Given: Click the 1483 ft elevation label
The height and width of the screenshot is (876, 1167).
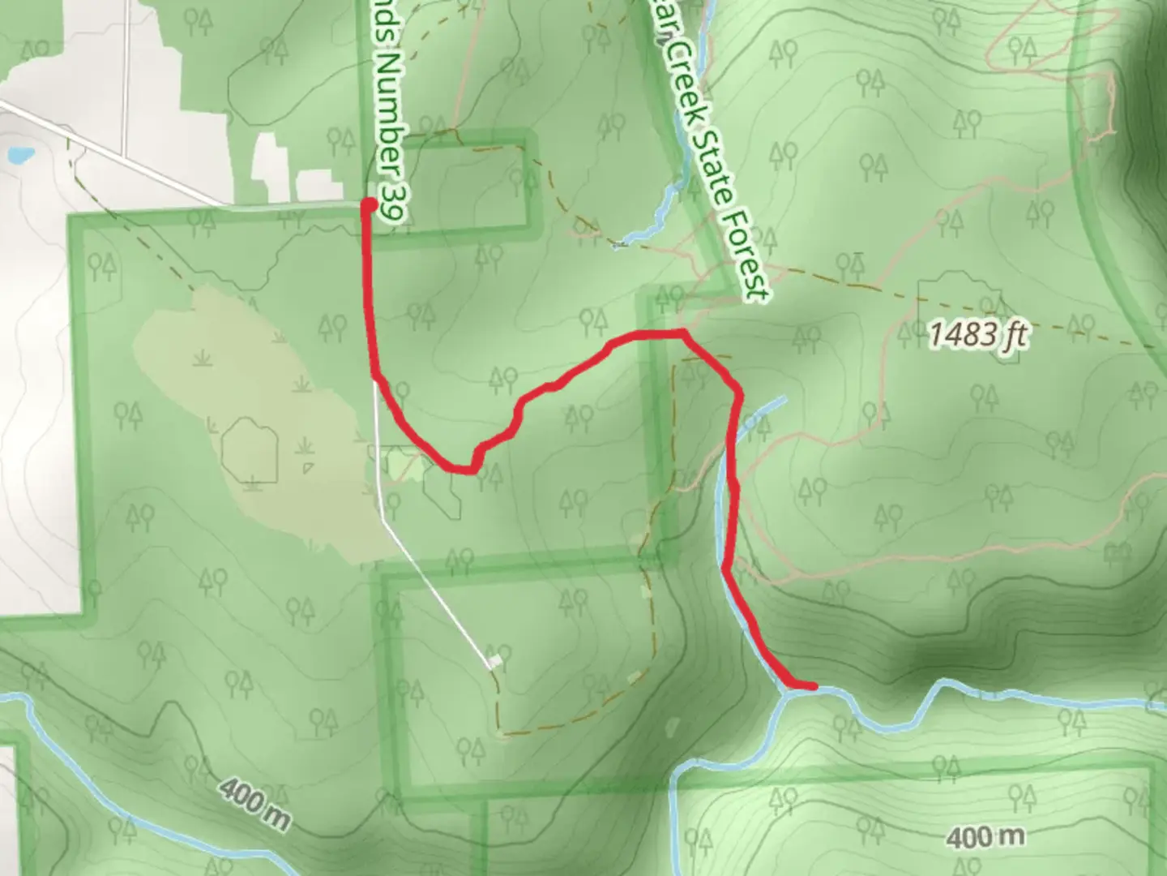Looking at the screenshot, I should [978, 333].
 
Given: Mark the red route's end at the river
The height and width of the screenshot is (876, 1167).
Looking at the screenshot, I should [811, 687].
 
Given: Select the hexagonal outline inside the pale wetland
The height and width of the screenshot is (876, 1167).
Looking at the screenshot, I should [249, 449].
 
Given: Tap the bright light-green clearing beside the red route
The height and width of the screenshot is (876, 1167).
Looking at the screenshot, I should [399, 465].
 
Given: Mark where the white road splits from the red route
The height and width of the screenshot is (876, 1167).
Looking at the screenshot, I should [375, 380].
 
